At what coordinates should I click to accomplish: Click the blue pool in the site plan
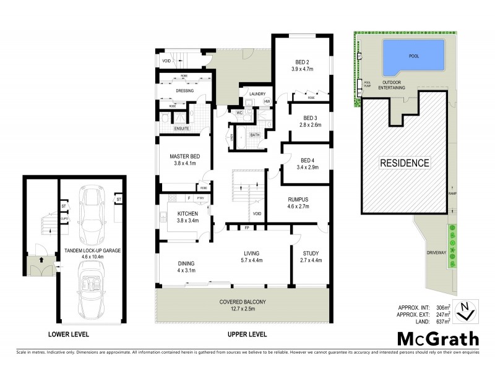(414, 56)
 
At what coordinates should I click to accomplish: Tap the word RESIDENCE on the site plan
(404, 163)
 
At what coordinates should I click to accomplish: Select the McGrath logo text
(437, 339)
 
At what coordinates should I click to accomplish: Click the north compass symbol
(464, 311)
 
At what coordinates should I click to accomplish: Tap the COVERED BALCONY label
(243, 302)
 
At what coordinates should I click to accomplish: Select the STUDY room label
(310, 254)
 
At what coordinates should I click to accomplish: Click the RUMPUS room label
(298, 199)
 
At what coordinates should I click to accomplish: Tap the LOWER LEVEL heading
(69, 335)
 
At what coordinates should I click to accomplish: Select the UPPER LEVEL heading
(246, 335)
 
